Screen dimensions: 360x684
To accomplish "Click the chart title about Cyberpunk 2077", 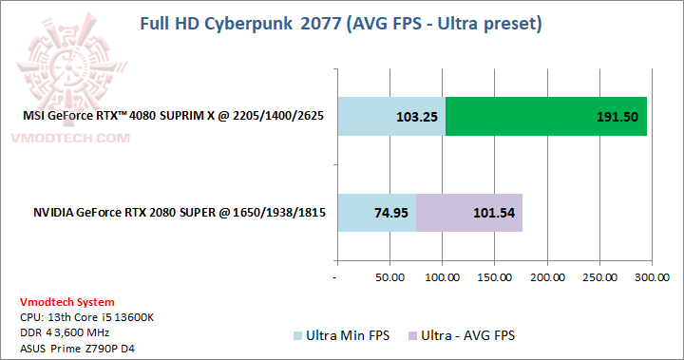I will [x=341, y=22].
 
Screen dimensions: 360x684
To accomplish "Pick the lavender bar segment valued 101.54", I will [x=469, y=212].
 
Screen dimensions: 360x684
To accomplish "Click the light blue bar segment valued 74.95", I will [x=376, y=212].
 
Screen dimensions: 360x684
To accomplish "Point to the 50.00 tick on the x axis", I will [x=389, y=277].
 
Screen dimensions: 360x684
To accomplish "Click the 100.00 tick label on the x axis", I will [x=442, y=277].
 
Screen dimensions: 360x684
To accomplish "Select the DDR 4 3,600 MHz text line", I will [x=65, y=332].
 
